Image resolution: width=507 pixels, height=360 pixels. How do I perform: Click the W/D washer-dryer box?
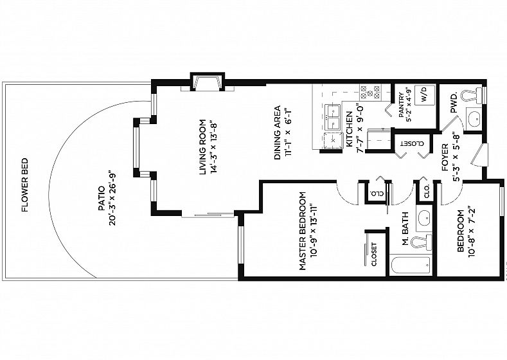click(x=425, y=95)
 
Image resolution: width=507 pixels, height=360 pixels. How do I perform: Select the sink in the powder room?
click(x=474, y=118)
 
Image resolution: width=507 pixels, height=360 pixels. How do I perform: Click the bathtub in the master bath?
click(x=411, y=265)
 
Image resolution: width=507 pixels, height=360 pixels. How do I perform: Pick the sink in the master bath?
click(x=424, y=219)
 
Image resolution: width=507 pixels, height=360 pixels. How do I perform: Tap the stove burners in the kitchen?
click(x=370, y=93)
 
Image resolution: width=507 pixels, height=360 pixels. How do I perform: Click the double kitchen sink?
click(x=332, y=117)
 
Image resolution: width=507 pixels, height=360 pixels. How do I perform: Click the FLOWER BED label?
click(x=25, y=185)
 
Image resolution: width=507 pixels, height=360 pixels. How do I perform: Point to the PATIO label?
click(x=102, y=198)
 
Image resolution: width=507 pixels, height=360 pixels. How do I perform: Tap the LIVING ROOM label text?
click(x=202, y=147)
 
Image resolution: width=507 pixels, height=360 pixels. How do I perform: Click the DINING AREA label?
click(x=278, y=133)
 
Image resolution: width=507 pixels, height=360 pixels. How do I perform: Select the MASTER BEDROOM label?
click(x=302, y=231)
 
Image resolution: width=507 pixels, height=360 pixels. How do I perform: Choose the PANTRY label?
click(x=401, y=105)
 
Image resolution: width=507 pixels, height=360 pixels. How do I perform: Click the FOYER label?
click(x=445, y=157)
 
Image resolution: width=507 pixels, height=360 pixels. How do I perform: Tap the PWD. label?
click(x=454, y=104)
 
